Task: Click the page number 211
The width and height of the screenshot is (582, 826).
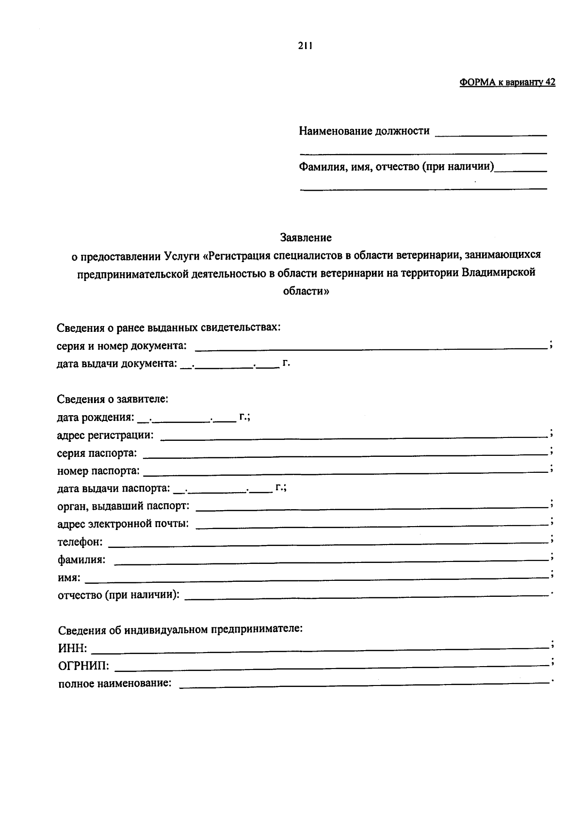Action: point(305,46)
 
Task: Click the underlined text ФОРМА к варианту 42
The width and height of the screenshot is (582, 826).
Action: point(507,82)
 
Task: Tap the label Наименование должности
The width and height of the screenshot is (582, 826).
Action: point(364,131)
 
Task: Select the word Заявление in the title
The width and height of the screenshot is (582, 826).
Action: point(306,237)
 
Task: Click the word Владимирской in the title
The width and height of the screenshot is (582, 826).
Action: point(498,273)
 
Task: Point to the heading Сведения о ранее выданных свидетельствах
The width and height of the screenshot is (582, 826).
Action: point(168,327)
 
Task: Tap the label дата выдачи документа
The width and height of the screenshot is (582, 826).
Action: point(117,363)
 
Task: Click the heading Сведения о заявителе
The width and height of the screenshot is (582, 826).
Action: point(113,399)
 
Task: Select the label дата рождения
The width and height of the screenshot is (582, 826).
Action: point(95,417)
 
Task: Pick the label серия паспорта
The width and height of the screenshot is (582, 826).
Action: point(97,453)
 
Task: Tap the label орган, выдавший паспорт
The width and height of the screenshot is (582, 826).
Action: point(123,506)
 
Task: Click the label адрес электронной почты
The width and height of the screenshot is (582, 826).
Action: point(123,524)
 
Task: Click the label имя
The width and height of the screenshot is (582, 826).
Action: point(69,577)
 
